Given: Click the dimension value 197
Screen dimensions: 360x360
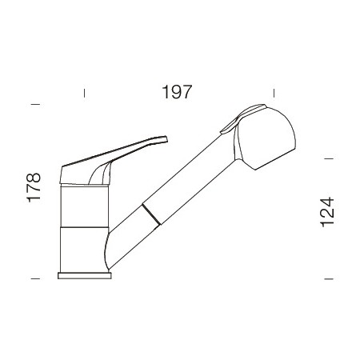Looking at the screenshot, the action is point(177,92).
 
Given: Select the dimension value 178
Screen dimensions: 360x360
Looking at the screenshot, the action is point(34,188).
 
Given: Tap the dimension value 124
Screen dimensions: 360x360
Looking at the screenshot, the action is point(326,212).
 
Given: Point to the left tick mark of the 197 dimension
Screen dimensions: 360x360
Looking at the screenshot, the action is point(84,93).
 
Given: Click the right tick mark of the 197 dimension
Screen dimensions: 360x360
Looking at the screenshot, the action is point(274,93).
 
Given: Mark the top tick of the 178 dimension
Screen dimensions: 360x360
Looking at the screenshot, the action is point(35,104).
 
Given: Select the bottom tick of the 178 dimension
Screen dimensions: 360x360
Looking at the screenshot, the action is point(35,278).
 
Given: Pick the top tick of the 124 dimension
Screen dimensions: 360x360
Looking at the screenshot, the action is point(329,158).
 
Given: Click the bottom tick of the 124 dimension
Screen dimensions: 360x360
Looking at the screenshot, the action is point(329,279).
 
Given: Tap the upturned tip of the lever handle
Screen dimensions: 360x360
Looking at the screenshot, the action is point(165,139).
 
